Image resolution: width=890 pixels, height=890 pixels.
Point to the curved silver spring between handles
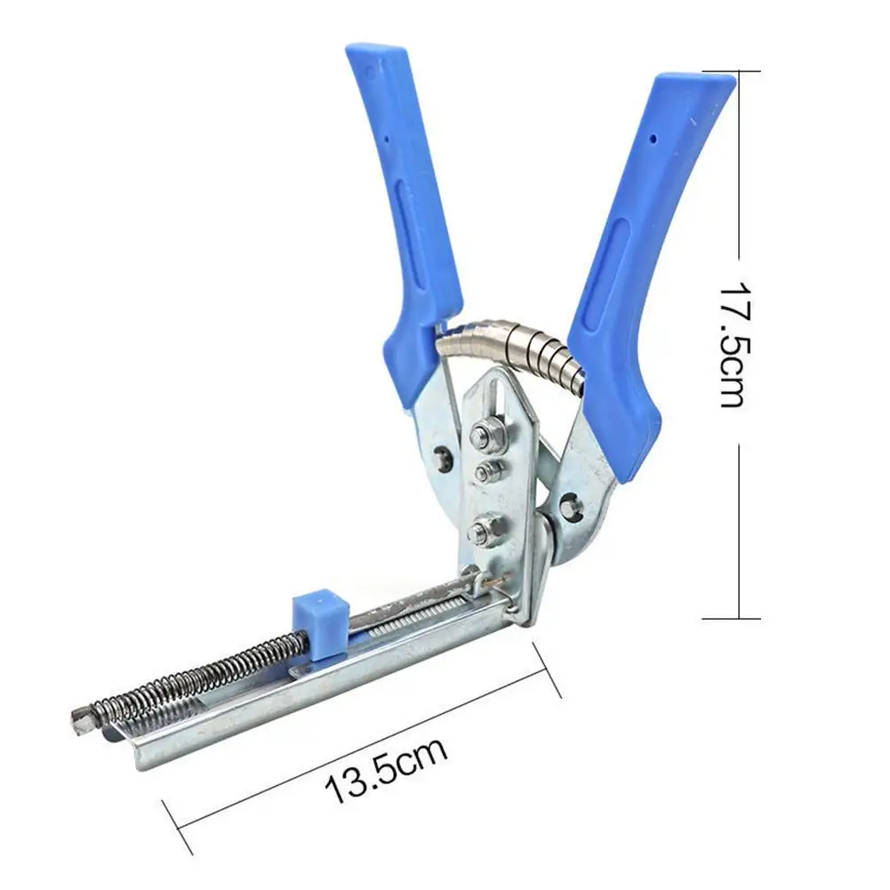pyautogui.click(x=516, y=341)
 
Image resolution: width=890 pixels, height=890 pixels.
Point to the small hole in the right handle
pyautogui.click(x=653, y=139)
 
